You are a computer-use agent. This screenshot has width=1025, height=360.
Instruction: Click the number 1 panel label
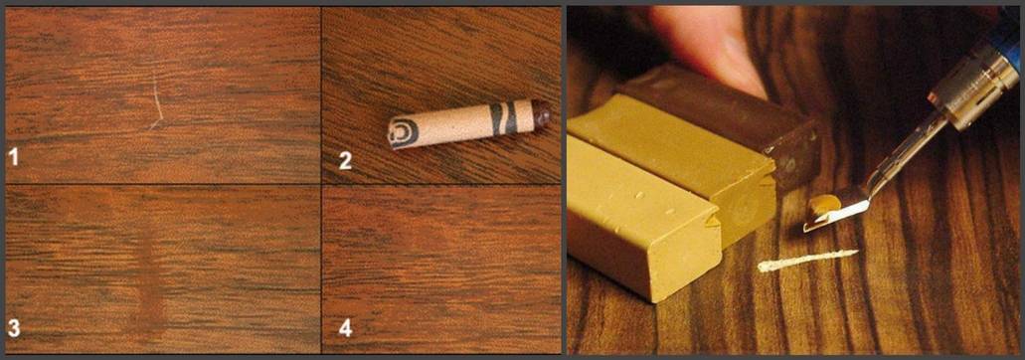pyautogui.click(x=13, y=157)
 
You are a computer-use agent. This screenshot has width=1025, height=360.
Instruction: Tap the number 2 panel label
pyautogui.click(x=345, y=160)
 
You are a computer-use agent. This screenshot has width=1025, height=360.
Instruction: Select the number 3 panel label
pyautogui.click(x=13, y=328)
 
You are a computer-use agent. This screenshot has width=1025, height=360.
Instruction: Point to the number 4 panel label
pyautogui.click(x=345, y=328)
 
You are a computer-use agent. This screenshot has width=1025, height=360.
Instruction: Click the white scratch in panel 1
pyautogui.click(x=156, y=105)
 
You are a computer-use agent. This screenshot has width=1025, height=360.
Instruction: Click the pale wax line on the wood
pyautogui.click(x=807, y=260)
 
